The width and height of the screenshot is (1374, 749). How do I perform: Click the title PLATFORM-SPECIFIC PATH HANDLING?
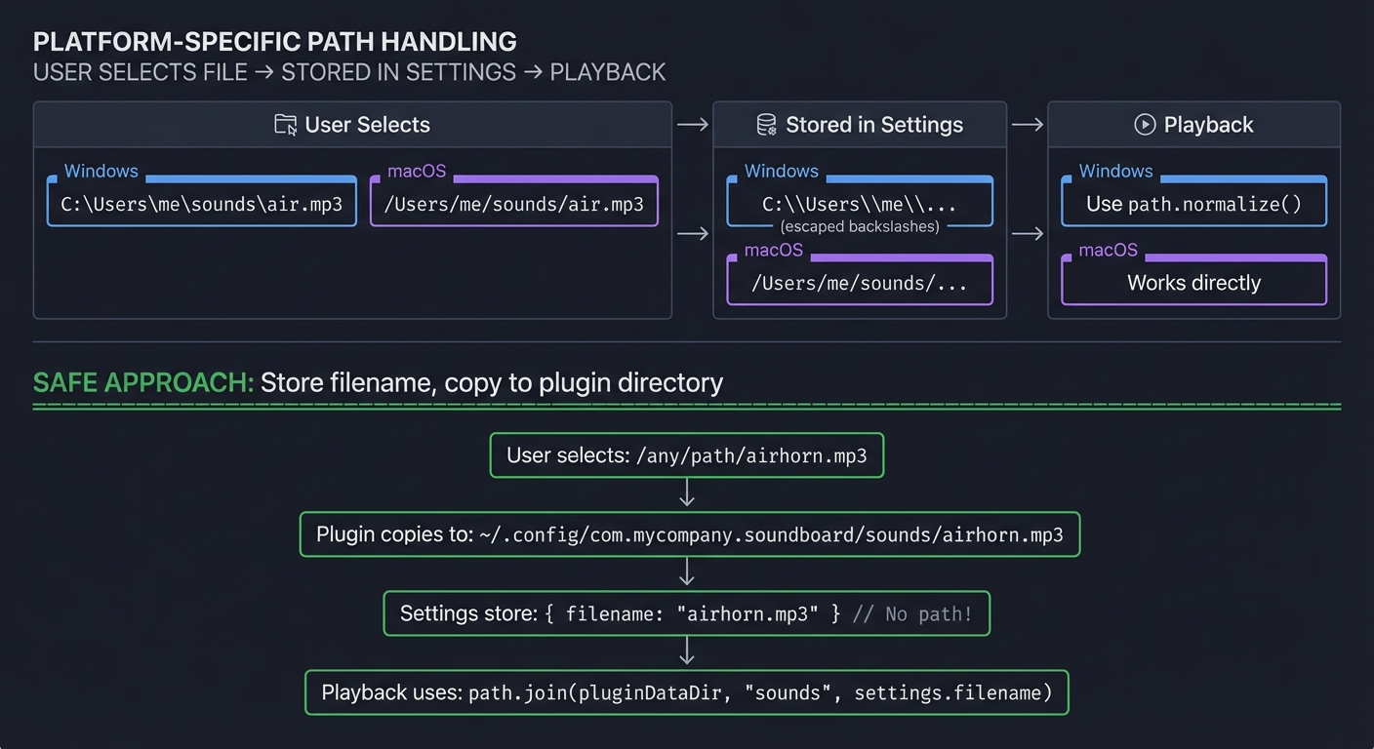click(x=274, y=42)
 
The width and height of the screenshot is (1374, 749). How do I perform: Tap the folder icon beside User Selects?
click(x=285, y=125)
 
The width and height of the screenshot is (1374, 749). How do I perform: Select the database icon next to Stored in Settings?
click(x=767, y=125)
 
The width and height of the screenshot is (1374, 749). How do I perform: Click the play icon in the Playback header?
click(x=1145, y=125)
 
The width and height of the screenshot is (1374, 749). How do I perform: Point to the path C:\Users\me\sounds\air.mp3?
click(x=202, y=205)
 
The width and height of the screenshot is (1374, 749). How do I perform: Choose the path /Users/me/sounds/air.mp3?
click(x=514, y=205)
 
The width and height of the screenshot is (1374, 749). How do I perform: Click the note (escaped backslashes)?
click(x=860, y=226)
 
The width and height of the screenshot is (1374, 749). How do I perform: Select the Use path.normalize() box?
click(x=1193, y=205)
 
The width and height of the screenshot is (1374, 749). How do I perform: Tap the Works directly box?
click(x=1193, y=283)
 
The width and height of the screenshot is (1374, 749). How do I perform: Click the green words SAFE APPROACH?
click(x=142, y=382)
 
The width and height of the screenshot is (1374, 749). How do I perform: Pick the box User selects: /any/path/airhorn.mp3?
click(x=686, y=455)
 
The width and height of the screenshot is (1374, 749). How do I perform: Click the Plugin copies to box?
click(x=689, y=534)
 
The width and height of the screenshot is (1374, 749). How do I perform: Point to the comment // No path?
click(x=911, y=614)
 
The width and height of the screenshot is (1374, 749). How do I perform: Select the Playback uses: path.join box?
click(x=686, y=692)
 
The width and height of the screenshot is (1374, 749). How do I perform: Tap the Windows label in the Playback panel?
click(x=1115, y=172)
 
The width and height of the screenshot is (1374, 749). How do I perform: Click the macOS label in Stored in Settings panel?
click(x=773, y=251)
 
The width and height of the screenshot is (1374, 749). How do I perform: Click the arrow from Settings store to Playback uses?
click(x=687, y=651)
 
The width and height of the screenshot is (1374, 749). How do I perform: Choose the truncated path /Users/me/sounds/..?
click(x=859, y=284)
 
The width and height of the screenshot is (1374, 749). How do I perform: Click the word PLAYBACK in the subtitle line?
click(x=607, y=72)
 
